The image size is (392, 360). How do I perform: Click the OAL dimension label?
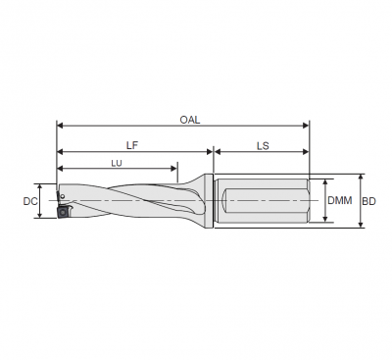point(190,118)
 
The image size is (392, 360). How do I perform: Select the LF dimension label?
point(133,143)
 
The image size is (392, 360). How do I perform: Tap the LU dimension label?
point(117,163)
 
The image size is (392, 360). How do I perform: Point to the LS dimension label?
point(263,143)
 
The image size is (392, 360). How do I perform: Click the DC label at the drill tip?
point(28,202)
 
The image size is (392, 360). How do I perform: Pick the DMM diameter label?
point(339,201)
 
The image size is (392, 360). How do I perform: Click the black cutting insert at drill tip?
point(60,208)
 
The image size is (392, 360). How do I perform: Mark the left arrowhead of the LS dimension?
point(218,152)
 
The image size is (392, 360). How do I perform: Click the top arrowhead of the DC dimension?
point(39,186)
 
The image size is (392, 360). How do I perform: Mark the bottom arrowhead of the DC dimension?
point(39,217)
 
